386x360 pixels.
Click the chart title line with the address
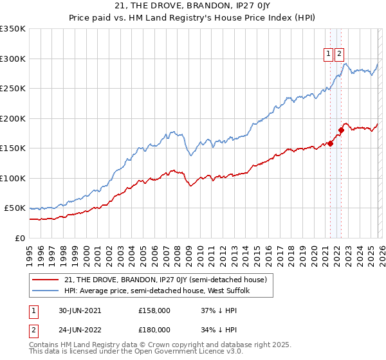(x=192, y=7)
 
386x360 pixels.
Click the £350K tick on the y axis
(x=13, y=29)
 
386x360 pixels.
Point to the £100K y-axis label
(x=13, y=179)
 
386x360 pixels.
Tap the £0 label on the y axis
(x=19, y=239)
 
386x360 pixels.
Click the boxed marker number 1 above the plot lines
(x=329, y=55)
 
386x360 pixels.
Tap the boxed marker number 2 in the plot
(x=339, y=55)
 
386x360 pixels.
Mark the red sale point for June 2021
(x=330, y=143)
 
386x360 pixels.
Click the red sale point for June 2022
(x=341, y=130)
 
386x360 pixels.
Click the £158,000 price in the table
(x=154, y=310)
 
